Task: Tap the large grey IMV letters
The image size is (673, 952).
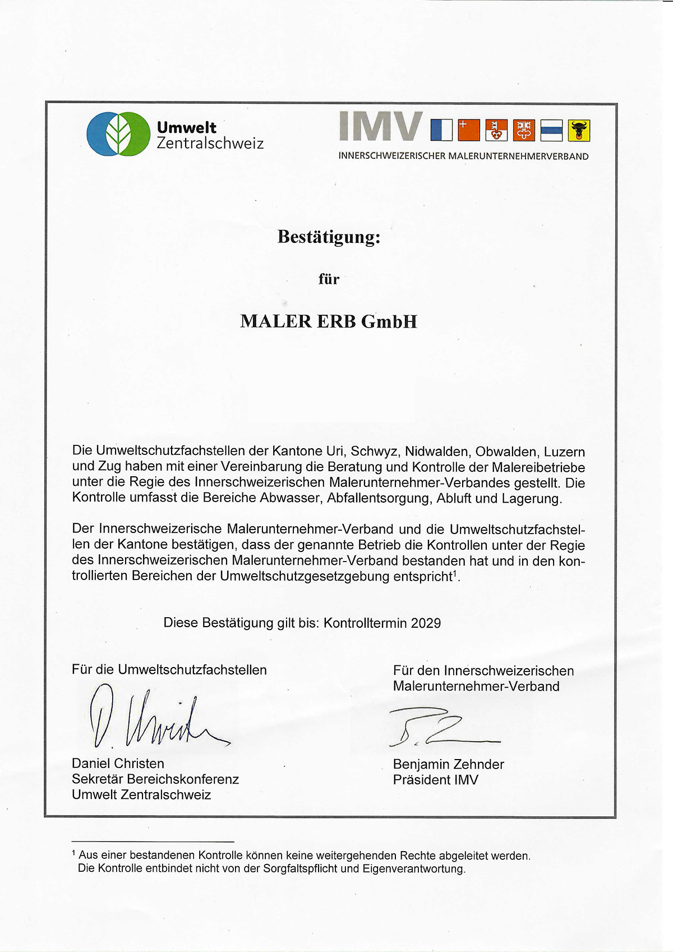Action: coord(381,126)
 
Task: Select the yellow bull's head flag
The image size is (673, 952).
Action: coord(579,130)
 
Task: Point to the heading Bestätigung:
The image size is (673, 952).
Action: coord(329,237)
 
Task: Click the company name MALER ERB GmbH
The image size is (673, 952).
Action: coord(329,321)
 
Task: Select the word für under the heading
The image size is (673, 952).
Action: coord(329,279)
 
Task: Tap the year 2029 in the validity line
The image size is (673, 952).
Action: coord(426,623)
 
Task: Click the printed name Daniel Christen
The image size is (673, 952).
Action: coord(118,764)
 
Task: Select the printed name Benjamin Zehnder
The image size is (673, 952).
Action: coord(448,764)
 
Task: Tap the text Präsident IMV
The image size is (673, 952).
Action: coord(435,780)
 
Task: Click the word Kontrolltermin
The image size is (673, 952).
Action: coord(365,623)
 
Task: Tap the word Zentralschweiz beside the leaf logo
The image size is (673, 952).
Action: coord(210,143)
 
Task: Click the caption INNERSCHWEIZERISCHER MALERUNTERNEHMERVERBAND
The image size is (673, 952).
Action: coord(463,157)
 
